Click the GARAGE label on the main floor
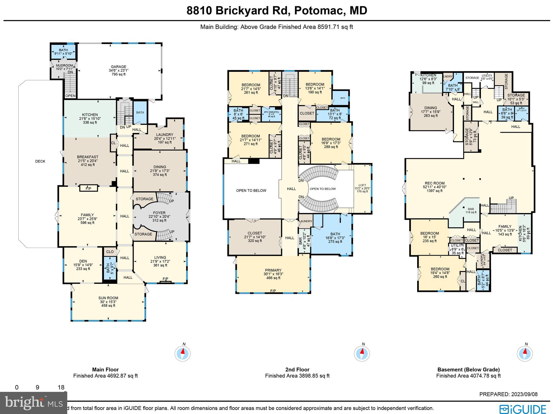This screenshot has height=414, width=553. tap(119, 67)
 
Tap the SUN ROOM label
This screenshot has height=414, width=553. tap(108, 298)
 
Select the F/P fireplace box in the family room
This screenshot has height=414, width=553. tap(88, 189)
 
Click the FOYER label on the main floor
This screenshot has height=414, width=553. tap(159, 213)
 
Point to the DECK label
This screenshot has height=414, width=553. tap(40, 161)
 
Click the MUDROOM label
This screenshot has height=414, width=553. tap(64, 65)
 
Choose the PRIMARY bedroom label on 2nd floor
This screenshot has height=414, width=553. tap(273, 270)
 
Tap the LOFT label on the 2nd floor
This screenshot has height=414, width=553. tap(362, 185)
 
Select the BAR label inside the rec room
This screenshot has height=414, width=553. tap(471, 209)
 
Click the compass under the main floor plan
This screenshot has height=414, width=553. tap(183, 353)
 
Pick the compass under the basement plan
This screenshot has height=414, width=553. tap(525, 353)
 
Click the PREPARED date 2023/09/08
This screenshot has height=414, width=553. tap(508, 394)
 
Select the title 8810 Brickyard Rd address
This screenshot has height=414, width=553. tap(277, 11)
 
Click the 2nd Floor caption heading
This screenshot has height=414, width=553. tap(297, 369)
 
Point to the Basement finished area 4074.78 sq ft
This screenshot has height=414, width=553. tap(468, 376)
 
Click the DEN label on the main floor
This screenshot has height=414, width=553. tap(83, 261)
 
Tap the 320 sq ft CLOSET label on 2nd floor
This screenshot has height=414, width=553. tap(255, 233)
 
